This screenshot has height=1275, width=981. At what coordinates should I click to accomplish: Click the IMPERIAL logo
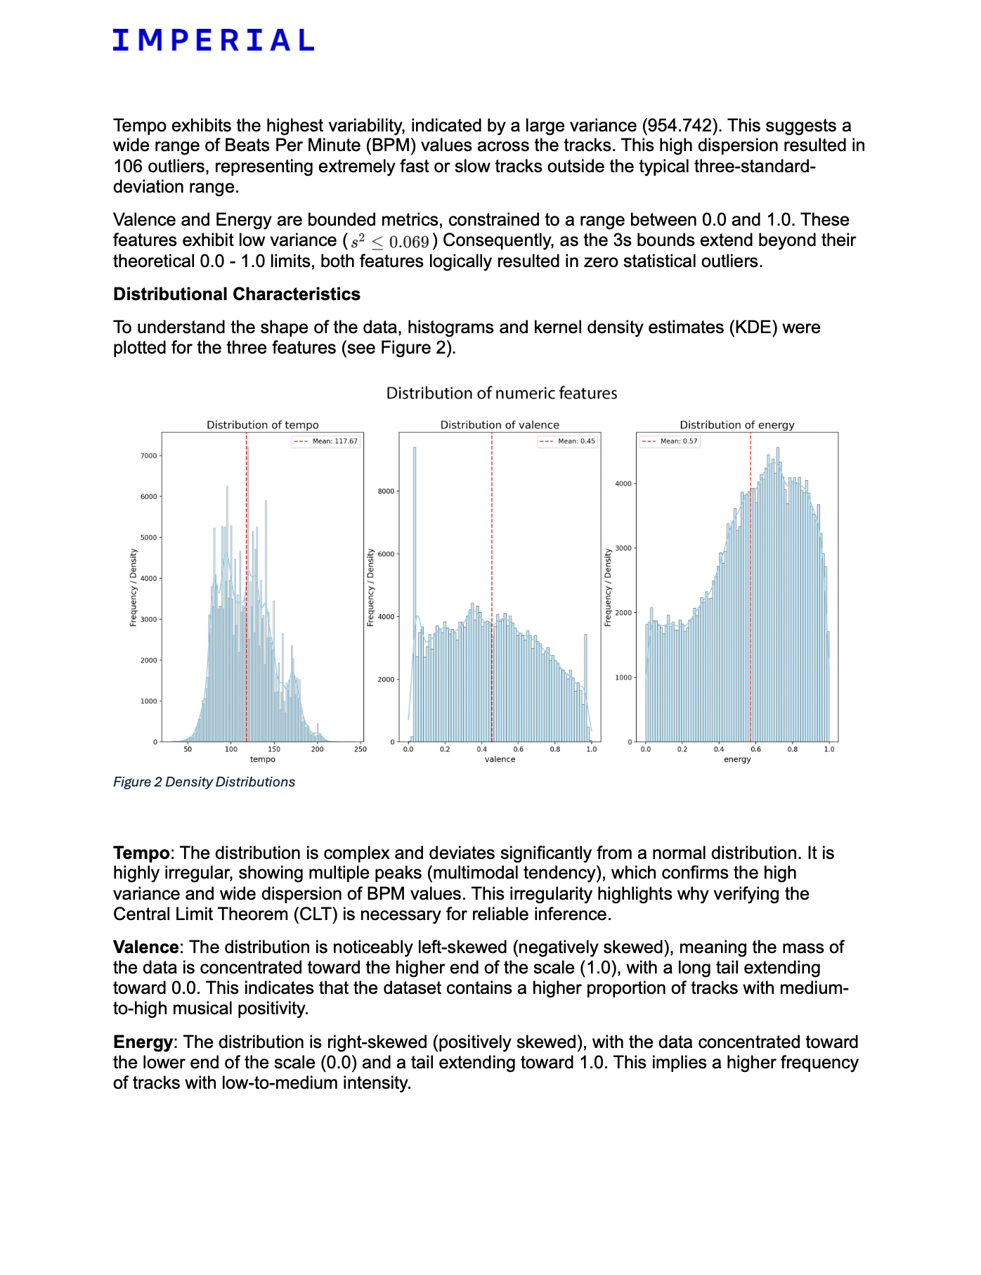213,40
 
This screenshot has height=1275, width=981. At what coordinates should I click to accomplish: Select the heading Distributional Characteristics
236,295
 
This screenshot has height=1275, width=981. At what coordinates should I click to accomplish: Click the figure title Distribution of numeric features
501,394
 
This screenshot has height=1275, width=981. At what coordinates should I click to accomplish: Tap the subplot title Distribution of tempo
262,425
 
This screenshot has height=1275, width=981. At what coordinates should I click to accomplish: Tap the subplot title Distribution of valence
500,425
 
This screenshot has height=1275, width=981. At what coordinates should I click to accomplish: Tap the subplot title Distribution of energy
736,425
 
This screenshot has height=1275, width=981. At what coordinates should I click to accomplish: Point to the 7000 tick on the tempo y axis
149,456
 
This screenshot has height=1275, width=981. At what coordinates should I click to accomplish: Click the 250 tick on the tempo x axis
360,749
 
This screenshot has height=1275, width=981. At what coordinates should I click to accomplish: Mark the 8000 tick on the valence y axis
386,491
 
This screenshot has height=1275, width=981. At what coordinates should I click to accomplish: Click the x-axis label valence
500,760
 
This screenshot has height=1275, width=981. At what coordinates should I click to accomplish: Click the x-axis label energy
737,760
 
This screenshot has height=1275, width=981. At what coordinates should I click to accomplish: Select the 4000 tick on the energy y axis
624,484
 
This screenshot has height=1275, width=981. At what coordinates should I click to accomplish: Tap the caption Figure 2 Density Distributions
204,782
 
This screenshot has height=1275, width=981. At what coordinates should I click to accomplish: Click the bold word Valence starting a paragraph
145,947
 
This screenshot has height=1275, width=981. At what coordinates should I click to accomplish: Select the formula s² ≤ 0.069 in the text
390,242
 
